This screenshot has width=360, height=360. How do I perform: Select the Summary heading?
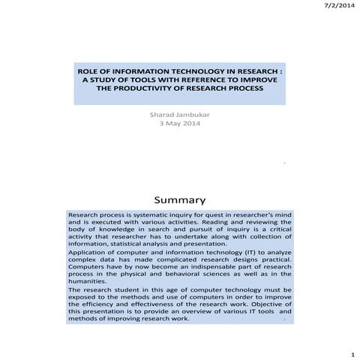coord(179,200)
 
